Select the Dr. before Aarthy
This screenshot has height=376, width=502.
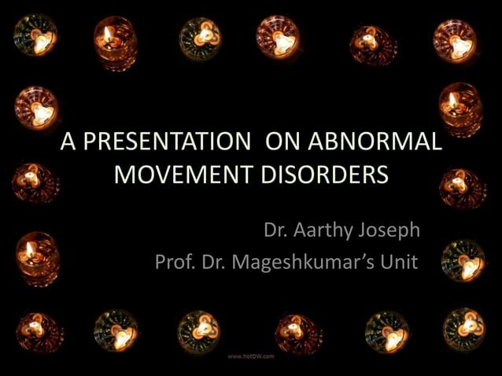(276, 231)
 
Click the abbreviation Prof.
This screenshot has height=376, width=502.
(174, 261)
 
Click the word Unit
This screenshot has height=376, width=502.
(398, 261)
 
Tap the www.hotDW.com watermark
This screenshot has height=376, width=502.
(251, 356)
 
